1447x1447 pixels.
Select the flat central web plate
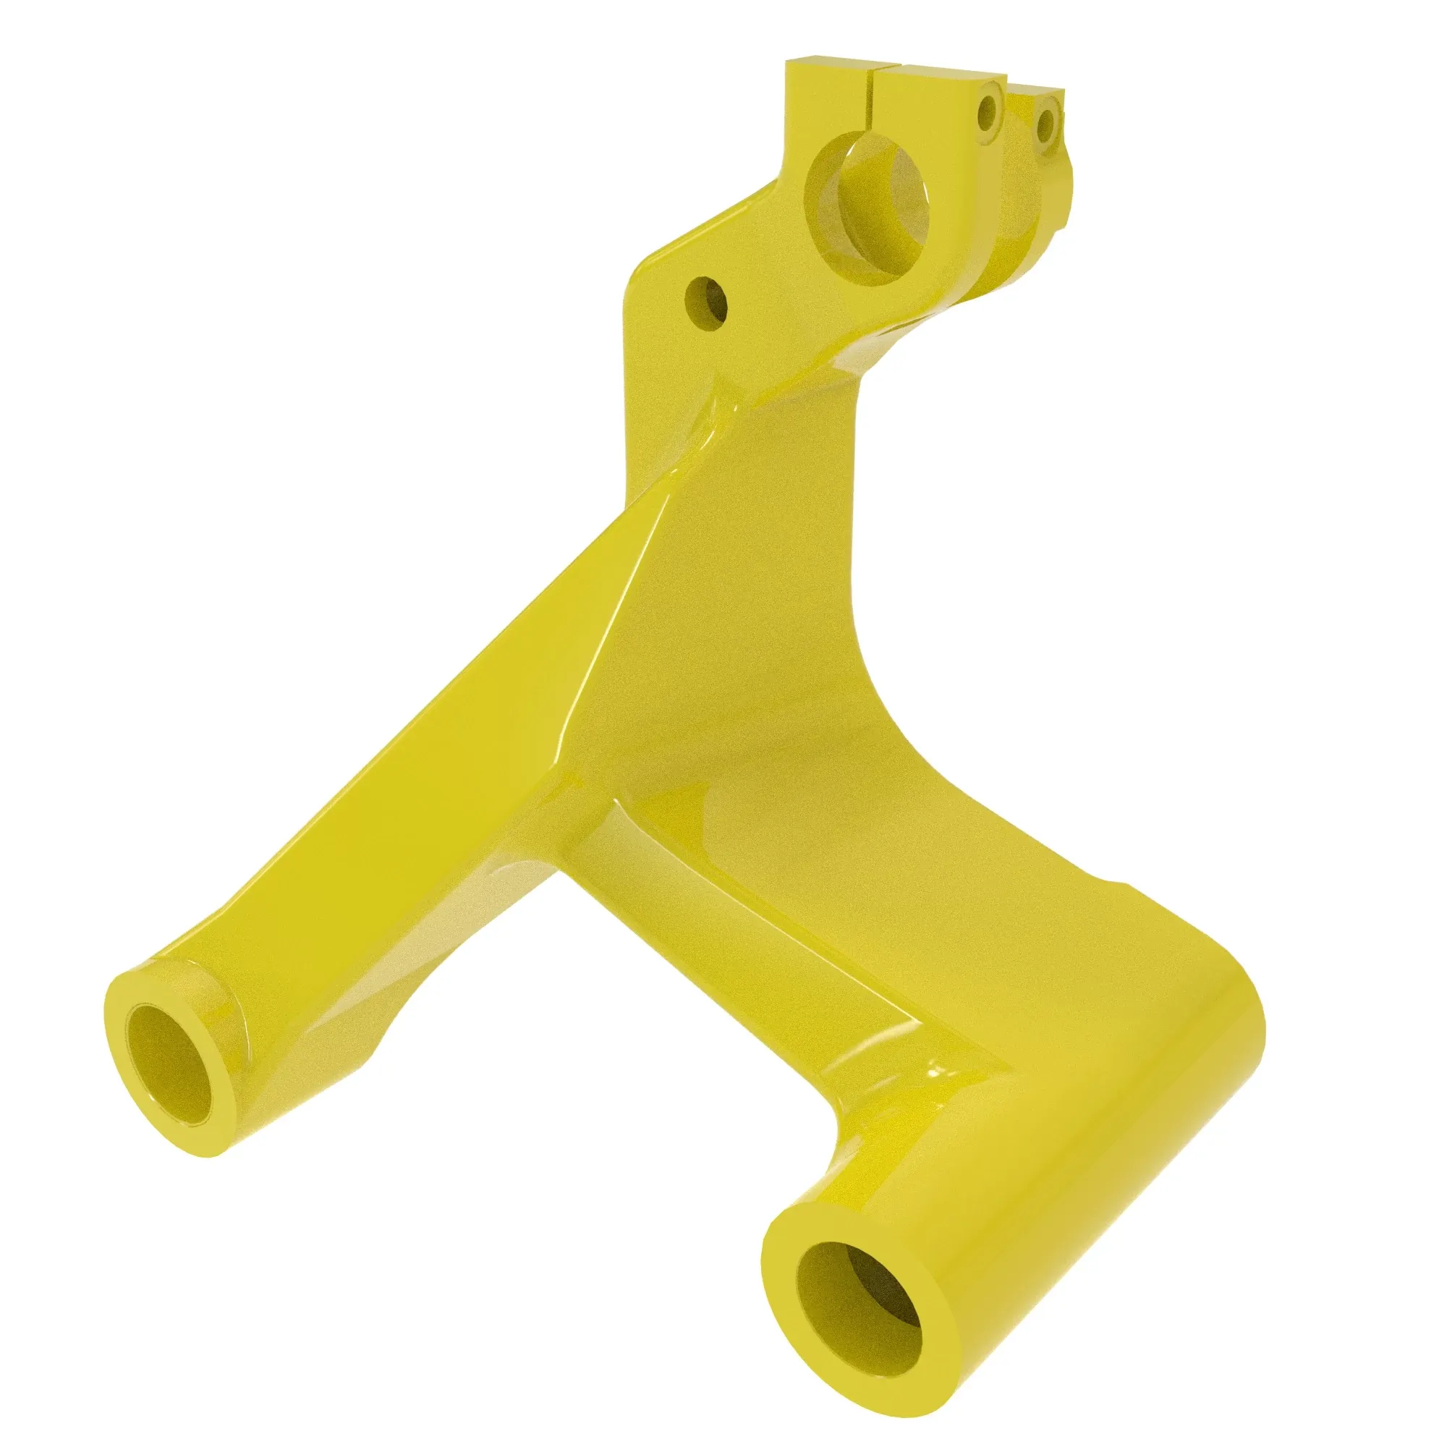(734, 599)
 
